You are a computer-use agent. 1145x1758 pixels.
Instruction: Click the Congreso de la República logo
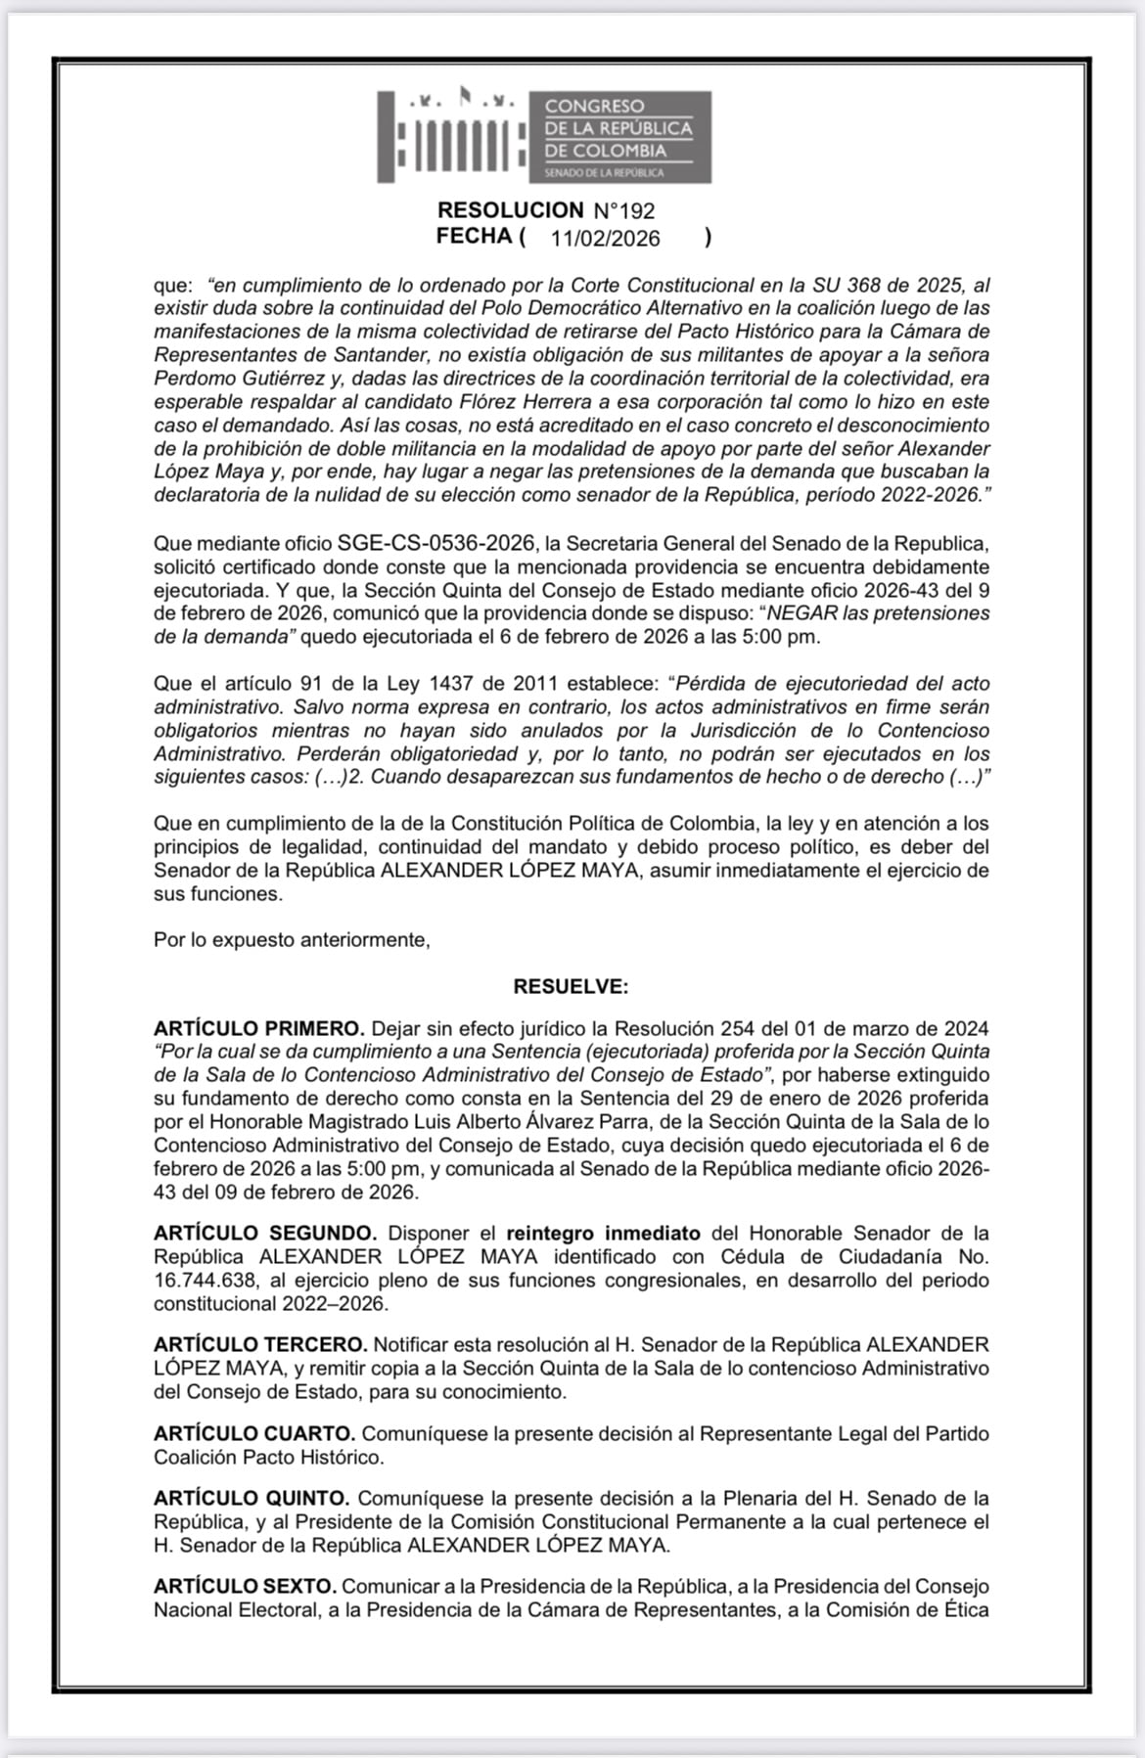tap(544, 137)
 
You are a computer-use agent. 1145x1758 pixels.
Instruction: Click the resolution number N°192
tap(624, 210)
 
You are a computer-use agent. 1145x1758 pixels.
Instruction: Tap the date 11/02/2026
tap(605, 239)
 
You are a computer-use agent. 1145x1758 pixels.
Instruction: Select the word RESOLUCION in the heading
tap(510, 210)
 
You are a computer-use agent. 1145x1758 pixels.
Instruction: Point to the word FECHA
tap(475, 237)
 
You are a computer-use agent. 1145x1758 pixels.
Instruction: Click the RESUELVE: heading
tap(571, 986)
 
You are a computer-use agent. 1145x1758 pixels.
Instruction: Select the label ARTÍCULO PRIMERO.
tap(258, 1028)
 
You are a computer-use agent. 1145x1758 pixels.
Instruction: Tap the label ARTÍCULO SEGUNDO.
tap(264, 1233)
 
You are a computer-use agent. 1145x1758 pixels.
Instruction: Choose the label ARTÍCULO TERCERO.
tap(260, 1345)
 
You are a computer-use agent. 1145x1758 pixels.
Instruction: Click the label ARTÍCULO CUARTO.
tap(253, 1433)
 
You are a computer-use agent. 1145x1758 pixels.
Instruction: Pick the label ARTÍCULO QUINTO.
tap(252, 1498)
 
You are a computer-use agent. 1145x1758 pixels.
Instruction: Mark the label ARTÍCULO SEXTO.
tap(245, 1586)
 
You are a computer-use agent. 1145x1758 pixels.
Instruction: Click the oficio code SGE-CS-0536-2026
tap(436, 543)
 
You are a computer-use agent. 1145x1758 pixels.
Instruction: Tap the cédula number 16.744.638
tap(206, 1280)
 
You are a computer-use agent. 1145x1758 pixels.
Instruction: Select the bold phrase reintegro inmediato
tap(603, 1233)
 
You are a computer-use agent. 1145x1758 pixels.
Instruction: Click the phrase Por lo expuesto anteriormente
tap(292, 940)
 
